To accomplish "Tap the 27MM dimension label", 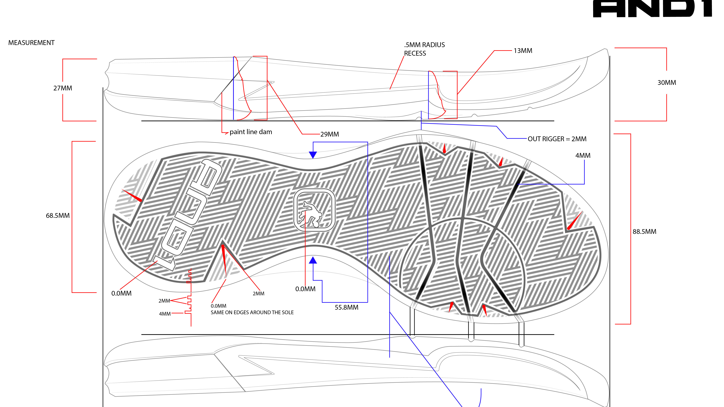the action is coord(63,88).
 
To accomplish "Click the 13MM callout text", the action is coord(523,51).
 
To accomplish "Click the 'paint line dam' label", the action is coord(251,132).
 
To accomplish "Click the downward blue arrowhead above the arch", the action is coord(313,155).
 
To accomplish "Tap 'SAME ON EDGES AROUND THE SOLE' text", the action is coord(252,313).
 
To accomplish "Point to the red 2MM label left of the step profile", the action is coord(164,301).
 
